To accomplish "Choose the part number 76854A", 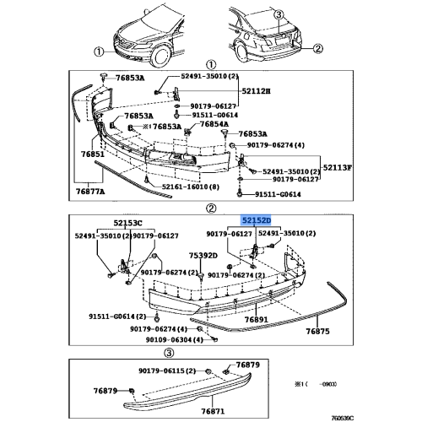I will [x=214, y=124].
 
